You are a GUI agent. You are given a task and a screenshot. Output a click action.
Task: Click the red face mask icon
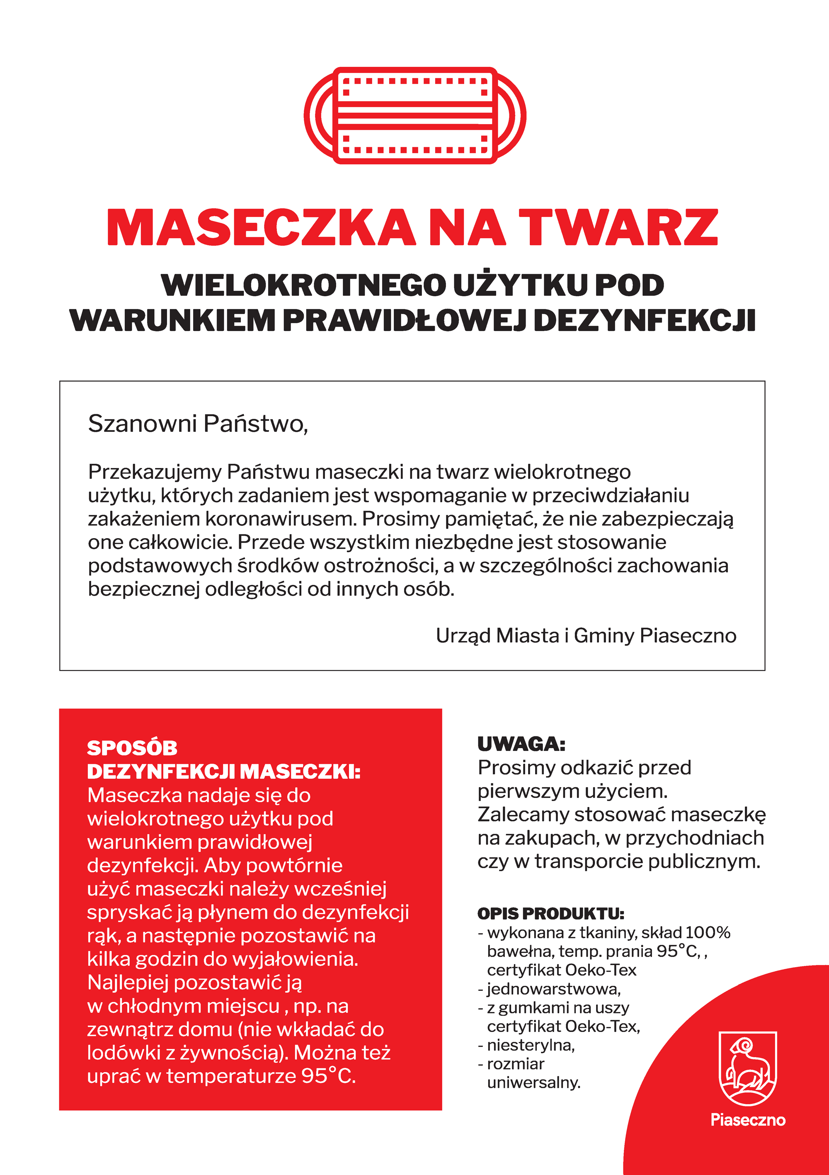pos(415,116)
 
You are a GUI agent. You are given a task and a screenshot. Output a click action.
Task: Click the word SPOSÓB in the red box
pos(132,748)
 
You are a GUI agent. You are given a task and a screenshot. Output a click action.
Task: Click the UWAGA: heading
pos(521,744)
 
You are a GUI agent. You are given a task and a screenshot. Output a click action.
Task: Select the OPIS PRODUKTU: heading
pos(550,914)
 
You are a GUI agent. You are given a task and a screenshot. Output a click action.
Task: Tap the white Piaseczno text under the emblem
pos(748,1120)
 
